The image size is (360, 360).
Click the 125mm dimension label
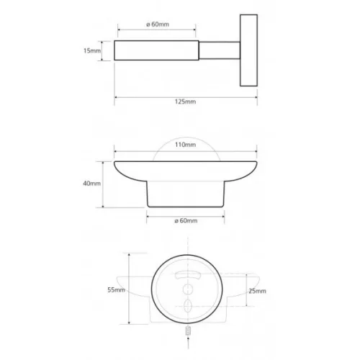point(185,102)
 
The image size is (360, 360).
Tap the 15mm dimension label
point(92,50)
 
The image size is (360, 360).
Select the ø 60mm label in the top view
point(158,24)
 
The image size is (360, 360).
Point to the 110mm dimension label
point(185,145)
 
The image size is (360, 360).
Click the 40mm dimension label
point(91,184)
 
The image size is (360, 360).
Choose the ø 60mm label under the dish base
point(186,220)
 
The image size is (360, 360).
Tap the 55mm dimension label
point(116,290)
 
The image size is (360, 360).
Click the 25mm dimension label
point(257,291)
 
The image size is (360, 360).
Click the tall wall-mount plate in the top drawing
point(248,50)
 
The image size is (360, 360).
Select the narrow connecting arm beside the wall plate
point(220,50)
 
